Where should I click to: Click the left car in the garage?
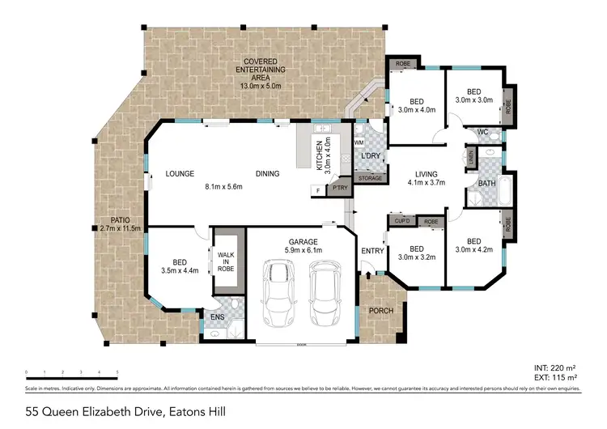click(x=280, y=299)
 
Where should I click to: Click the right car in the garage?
click(x=325, y=299)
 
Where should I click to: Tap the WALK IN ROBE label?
click(x=226, y=260)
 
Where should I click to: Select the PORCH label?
click(x=380, y=312)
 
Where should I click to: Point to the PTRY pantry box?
click(x=339, y=188)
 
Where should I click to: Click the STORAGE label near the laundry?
click(x=370, y=177)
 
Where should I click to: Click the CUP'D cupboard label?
click(x=401, y=220)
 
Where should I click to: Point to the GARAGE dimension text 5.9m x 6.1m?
click(x=300, y=251)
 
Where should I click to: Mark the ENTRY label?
click(x=372, y=251)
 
